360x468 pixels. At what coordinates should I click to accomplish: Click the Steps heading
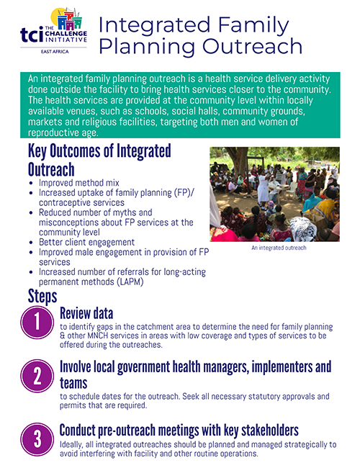(x=42, y=295)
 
